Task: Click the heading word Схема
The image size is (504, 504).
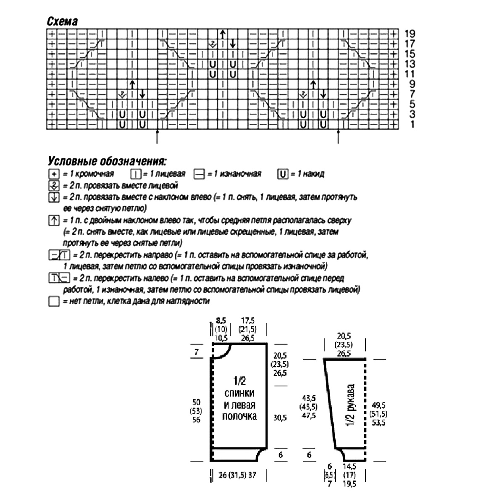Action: point(62,21)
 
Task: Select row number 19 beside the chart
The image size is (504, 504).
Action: point(409,33)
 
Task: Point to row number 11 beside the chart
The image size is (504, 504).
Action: point(409,74)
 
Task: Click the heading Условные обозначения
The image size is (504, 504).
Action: point(107,161)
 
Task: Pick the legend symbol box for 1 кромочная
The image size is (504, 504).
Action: point(53,174)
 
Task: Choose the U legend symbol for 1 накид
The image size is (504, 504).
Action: point(283,174)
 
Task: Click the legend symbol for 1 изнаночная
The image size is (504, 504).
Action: point(199,174)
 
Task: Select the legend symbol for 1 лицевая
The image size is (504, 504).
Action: point(135,174)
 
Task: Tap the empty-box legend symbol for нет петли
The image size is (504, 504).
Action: point(53,301)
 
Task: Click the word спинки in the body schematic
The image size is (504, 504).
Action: point(239,393)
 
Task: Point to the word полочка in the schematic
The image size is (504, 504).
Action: point(239,416)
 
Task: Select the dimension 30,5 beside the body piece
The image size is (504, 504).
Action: point(280,418)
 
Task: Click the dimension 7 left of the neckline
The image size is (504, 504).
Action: point(196,352)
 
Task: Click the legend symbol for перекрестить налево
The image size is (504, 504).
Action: point(59,278)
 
